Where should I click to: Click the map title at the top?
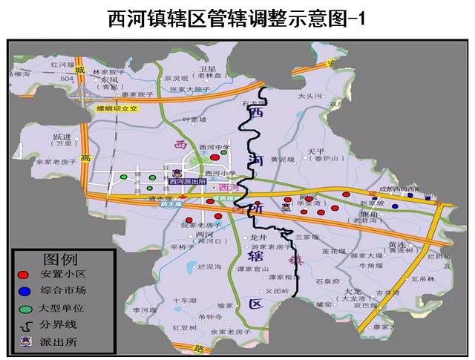click(x=237, y=17)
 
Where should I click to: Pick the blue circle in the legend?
click(x=25, y=290)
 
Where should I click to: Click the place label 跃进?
click(x=62, y=137)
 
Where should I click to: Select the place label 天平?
click(x=318, y=151)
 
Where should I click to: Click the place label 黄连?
click(x=398, y=243)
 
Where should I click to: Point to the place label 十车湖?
click(x=185, y=301)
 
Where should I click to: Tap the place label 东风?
click(x=111, y=79)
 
